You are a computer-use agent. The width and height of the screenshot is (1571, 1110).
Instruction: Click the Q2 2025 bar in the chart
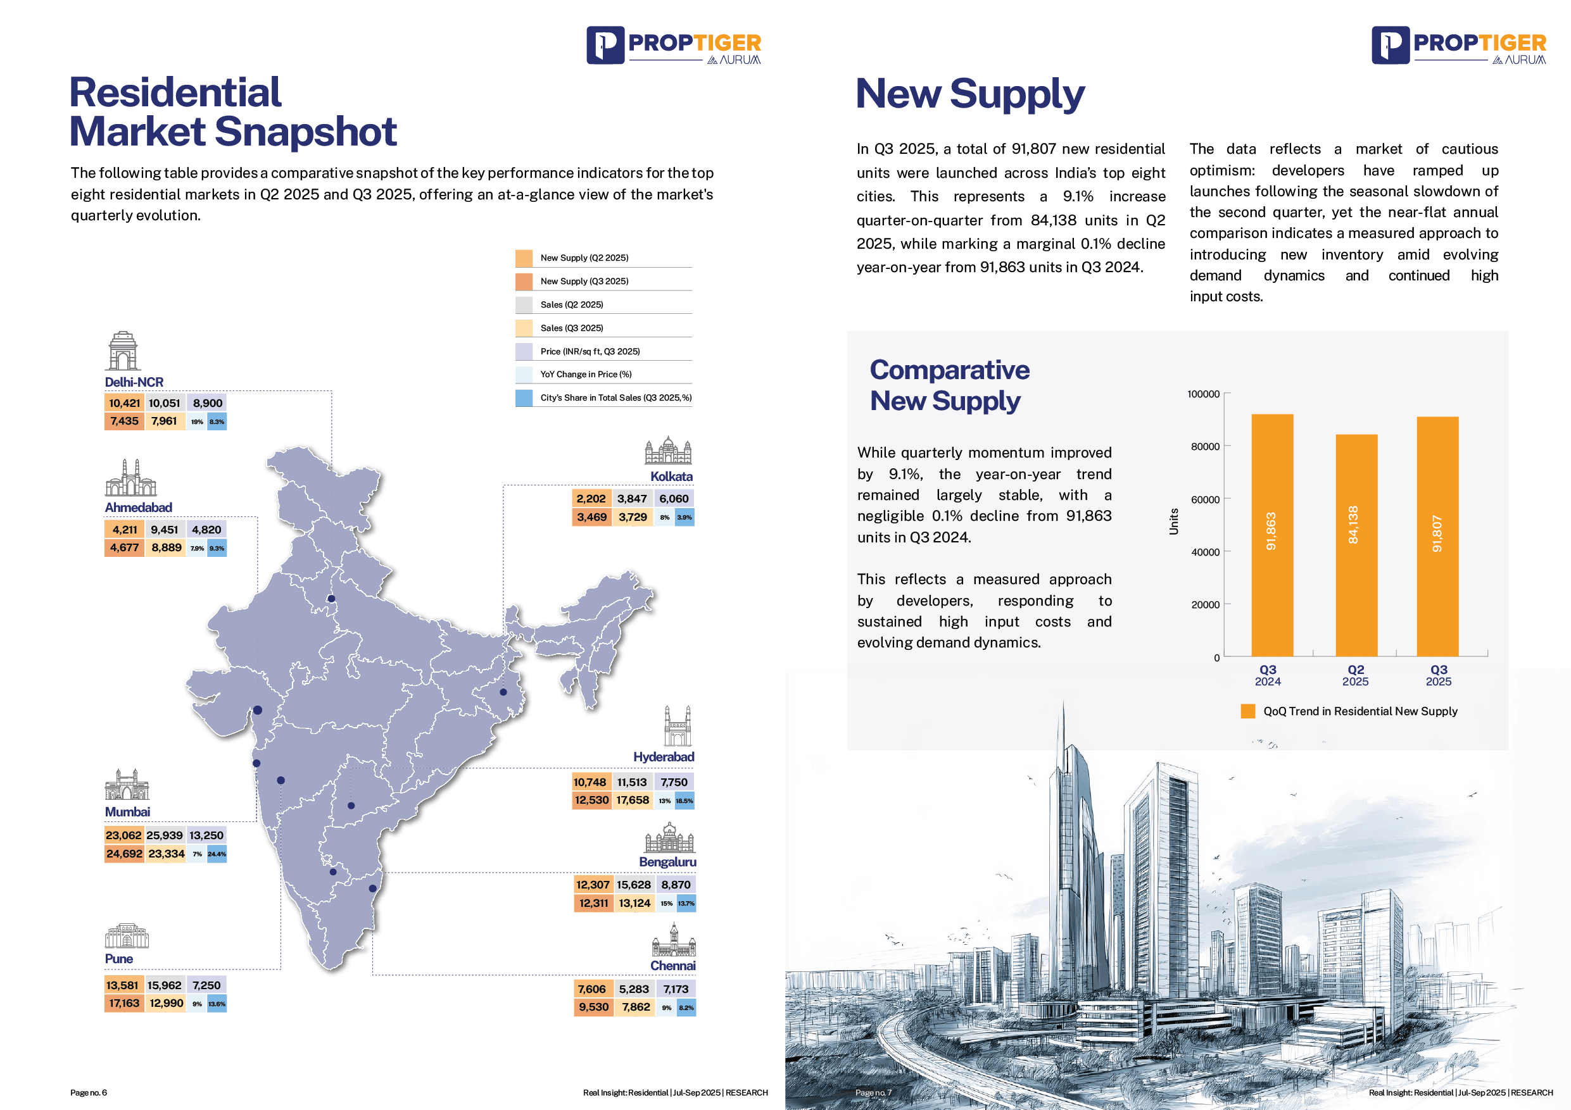[1356, 545]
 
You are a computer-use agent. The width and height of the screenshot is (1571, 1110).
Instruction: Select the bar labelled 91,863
[1271, 535]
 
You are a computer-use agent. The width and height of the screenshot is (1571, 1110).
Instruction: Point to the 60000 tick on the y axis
[1205, 499]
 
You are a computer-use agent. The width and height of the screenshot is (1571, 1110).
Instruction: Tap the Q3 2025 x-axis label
[1438, 675]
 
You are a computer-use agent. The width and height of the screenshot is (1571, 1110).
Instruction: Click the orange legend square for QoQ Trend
[1247, 711]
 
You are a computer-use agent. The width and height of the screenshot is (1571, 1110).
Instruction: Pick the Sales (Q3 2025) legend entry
[571, 328]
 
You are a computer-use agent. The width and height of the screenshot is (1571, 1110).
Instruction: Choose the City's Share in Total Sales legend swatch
[524, 398]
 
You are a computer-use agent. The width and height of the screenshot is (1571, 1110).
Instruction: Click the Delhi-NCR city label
[134, 382]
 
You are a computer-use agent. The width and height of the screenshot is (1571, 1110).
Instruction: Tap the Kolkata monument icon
[668, 451]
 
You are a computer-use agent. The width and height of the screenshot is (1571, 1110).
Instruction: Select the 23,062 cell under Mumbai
[124, 835]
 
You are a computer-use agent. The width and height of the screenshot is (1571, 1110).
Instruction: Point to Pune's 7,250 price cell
[206, 985]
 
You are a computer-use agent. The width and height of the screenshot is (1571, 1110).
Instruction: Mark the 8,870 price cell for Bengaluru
[676, 885]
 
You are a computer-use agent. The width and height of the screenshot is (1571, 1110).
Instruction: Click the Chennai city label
[672, 966]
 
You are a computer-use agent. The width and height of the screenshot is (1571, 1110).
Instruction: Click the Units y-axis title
[1173, 522]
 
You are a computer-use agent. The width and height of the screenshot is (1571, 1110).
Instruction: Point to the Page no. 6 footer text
[89, 1093]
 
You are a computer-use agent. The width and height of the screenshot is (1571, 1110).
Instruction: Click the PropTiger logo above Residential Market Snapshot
[673, 46]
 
